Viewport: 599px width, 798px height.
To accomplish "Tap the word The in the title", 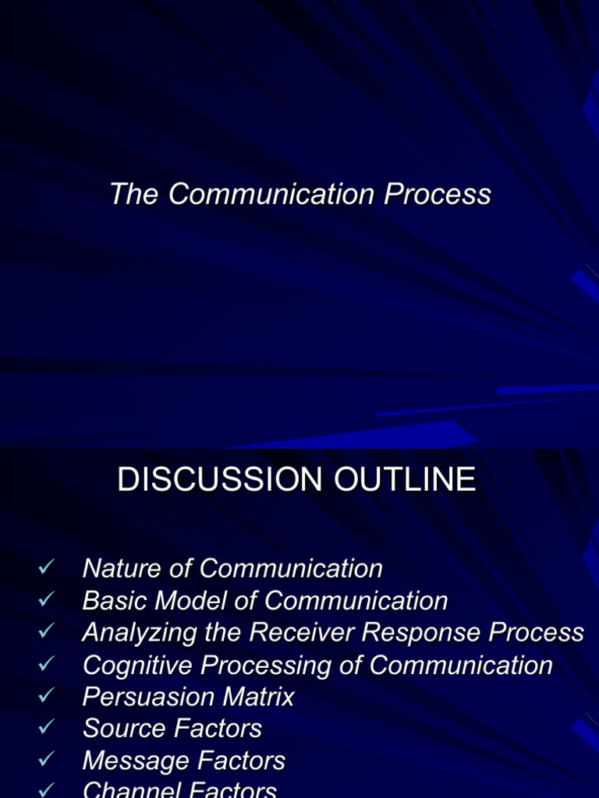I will (135, 194).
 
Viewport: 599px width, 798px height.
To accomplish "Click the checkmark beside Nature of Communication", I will (44, 568).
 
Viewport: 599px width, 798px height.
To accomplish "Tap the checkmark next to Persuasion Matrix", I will (44, 696).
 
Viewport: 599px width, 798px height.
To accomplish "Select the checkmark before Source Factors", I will (44, 728).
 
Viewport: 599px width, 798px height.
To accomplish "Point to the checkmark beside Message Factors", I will (44, 760).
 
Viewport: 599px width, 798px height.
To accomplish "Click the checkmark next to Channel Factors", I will (44, 789).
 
